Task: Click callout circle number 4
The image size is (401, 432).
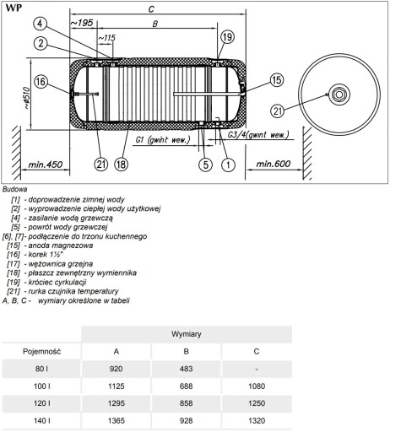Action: pos(41,24)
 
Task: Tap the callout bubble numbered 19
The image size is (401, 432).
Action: pos(227,37)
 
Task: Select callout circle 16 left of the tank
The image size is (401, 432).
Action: pos(41,82)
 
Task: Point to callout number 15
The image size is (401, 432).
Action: pos(277,80)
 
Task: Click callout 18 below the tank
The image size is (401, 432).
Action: pos(121,164)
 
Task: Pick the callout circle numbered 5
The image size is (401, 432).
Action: pos(206,165)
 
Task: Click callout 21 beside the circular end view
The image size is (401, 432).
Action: pos(278,111)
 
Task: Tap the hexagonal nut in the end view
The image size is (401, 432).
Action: pos(339,94)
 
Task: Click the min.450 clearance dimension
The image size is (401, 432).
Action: pos(45,165)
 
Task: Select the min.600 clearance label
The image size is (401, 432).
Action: pos(273,164)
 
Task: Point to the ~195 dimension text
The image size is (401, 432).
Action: pos(82,23)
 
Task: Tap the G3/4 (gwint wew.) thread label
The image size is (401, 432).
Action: pos(258,135)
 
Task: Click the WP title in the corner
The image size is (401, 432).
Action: pos(14,8)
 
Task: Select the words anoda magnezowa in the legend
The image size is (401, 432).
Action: pos(61,246)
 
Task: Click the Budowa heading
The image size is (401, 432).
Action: pos(14,189)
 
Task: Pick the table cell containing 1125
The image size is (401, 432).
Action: pos(117,386)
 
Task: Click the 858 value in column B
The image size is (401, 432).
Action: pos(187,403)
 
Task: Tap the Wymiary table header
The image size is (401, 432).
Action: pos(187,334)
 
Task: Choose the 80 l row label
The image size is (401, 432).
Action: pos(41,369)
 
